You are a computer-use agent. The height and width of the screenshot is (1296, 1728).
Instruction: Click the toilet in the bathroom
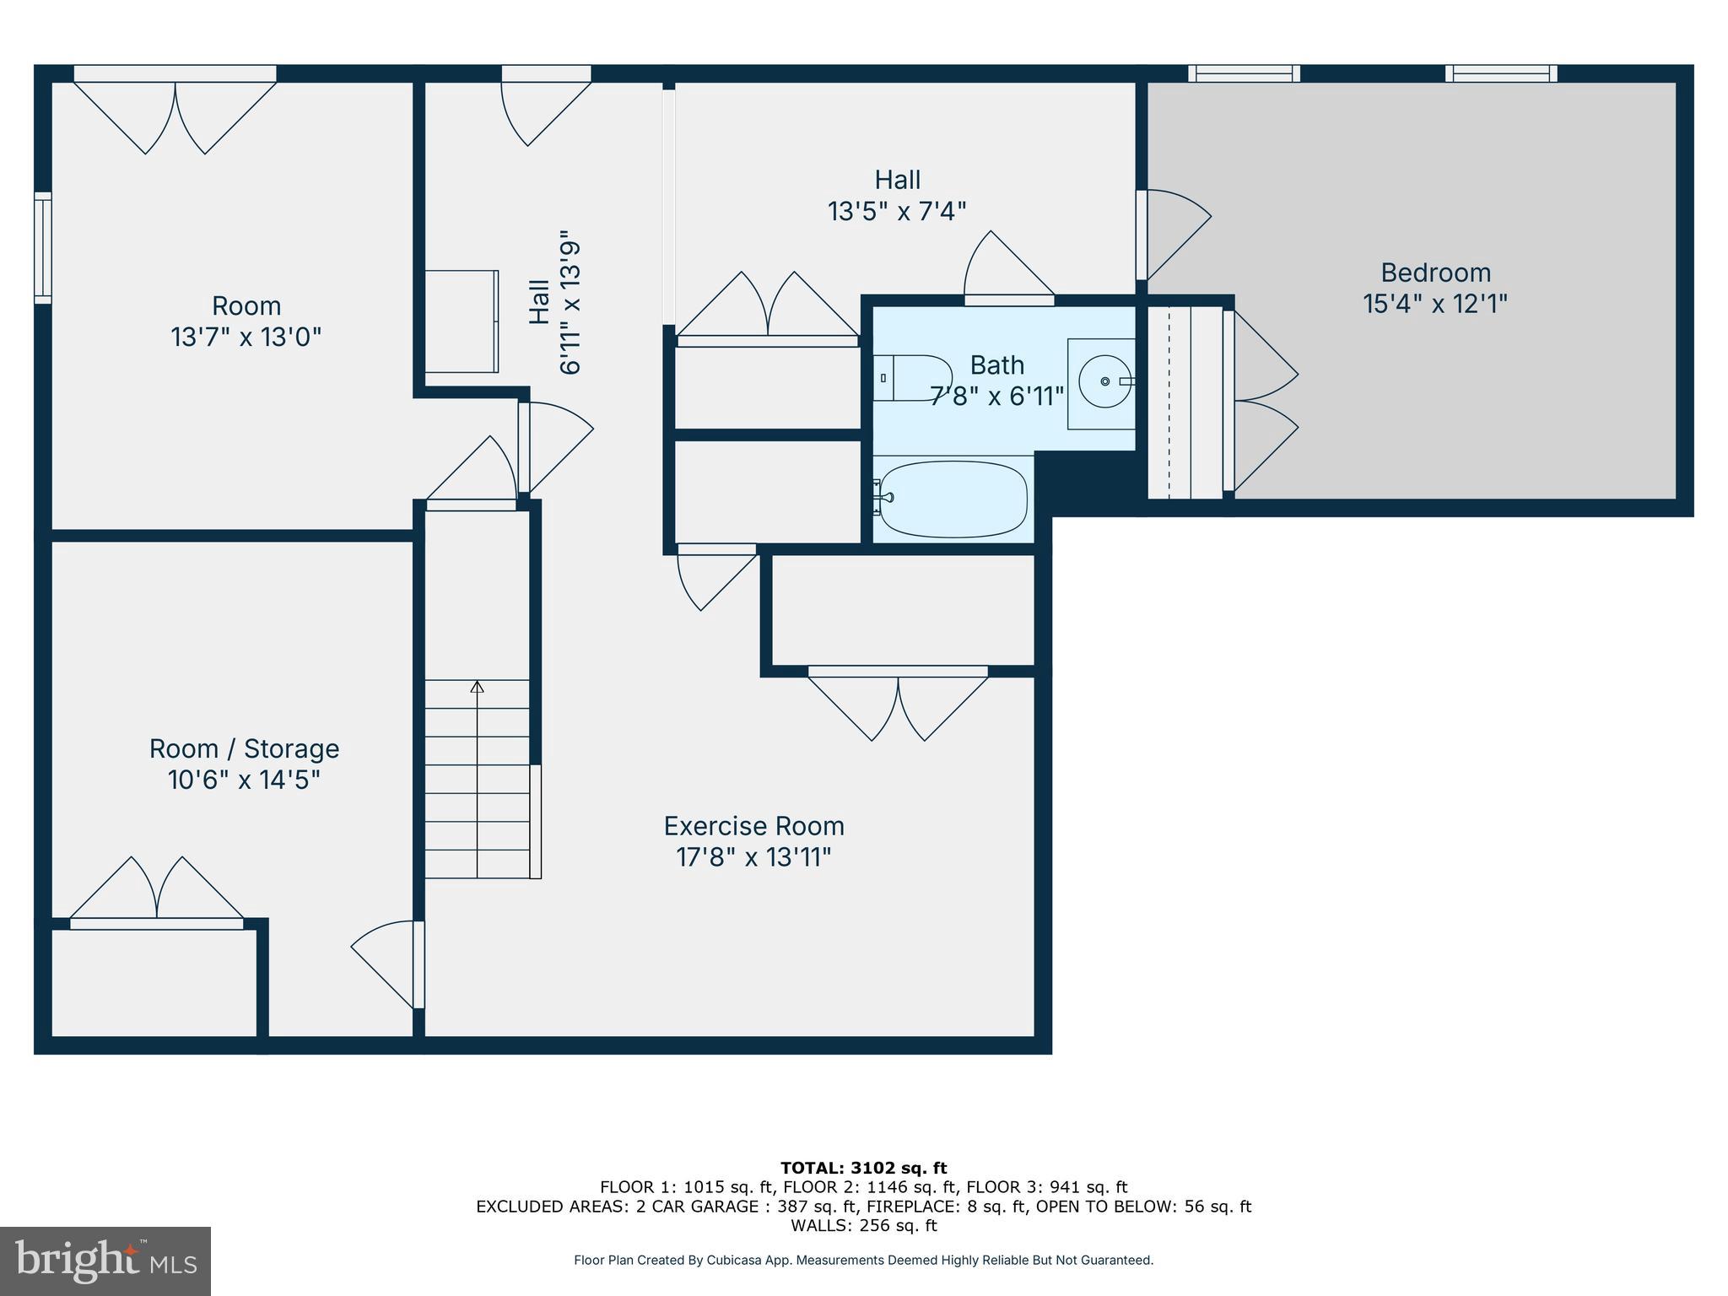point(911,378)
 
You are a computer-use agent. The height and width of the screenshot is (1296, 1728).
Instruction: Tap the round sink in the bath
point(1104,382)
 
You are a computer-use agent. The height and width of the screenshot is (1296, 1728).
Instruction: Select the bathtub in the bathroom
point(952,499)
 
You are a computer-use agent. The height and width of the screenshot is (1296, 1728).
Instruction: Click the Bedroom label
point(1435,273)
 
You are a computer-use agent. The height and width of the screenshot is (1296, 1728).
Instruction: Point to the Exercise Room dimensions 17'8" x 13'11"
point(753,857)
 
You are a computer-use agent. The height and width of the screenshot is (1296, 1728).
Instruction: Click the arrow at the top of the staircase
point(478,687)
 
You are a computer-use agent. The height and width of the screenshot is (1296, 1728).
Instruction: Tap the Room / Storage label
point(244,748)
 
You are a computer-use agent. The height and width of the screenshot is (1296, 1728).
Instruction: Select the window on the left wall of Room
point(43,247)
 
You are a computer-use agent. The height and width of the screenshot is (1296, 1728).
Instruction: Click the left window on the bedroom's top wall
point(1244,74)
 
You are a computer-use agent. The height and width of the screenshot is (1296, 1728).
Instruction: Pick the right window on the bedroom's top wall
point(1500,74)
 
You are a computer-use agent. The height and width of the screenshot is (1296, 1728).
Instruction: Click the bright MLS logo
point(105,1261)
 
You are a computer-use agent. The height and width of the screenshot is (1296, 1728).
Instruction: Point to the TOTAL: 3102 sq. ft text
point(863,1168)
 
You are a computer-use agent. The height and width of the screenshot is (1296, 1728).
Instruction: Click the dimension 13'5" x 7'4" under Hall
point(896,211)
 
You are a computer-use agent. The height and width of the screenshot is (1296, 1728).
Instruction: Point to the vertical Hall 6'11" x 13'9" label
point(555,302)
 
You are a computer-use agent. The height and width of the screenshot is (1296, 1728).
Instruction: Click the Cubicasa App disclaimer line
point(863,1260)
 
